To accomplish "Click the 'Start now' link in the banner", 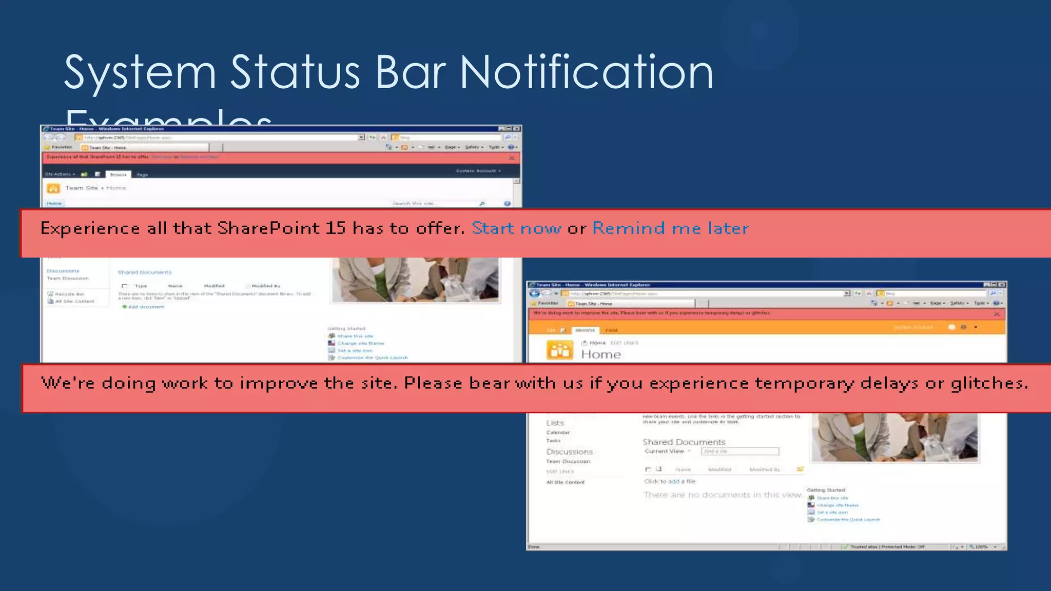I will (x=516, y=228).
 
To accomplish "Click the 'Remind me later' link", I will (x=670, y=228).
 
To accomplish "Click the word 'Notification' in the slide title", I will (x=586, y=72).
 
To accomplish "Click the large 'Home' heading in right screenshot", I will (x=600, y=354).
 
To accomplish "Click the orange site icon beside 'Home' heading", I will (x=559, y=351).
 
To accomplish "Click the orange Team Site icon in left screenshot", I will (x=53, y=188).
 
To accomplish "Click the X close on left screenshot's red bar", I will (x=512, y=158).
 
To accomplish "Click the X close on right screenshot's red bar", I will (x=997, y=314).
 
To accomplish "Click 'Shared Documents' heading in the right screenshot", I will (x=684, y=442).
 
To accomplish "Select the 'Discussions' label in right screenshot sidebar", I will (x=569, y=452).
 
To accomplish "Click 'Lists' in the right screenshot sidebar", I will (x=555, y=423).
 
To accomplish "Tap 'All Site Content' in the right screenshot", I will (x=565, y=482).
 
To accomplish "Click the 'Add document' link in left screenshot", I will (x=145, y=307).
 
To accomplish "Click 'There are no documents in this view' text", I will (x=723, y=495).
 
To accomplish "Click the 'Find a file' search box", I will (x=739, y=451).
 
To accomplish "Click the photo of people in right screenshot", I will (x=894, y=437).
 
